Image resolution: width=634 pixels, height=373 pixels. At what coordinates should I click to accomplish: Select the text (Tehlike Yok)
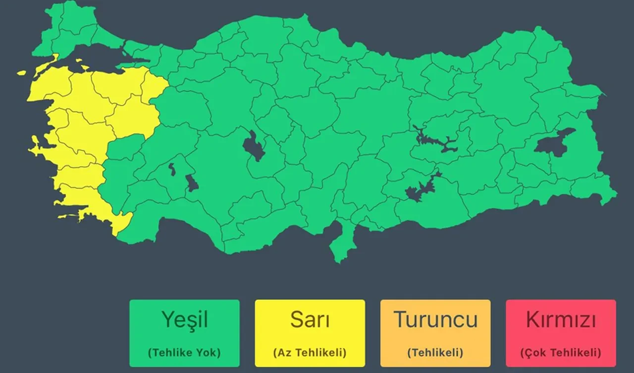184,353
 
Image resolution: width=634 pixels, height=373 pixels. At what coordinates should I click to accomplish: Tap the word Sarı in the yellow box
310,320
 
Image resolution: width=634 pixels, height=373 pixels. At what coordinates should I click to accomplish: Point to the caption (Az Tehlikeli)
310,353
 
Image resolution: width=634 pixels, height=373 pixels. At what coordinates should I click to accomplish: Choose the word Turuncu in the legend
435,319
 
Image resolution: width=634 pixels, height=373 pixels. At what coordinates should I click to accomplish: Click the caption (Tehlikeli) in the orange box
435,353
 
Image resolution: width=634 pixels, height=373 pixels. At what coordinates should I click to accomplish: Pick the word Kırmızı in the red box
561,320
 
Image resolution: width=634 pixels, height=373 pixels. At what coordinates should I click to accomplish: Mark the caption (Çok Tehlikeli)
561,353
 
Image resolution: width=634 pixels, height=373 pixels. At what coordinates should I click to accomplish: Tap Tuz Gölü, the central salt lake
254,146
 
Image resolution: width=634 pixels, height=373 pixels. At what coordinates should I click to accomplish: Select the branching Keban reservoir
436,141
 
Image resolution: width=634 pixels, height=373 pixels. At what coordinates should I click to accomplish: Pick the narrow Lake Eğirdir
172,169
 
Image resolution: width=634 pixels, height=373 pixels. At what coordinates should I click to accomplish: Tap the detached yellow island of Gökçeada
21,73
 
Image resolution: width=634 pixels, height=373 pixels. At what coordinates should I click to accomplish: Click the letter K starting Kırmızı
532,320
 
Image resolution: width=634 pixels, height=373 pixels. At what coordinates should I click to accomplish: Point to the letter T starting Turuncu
400,319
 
